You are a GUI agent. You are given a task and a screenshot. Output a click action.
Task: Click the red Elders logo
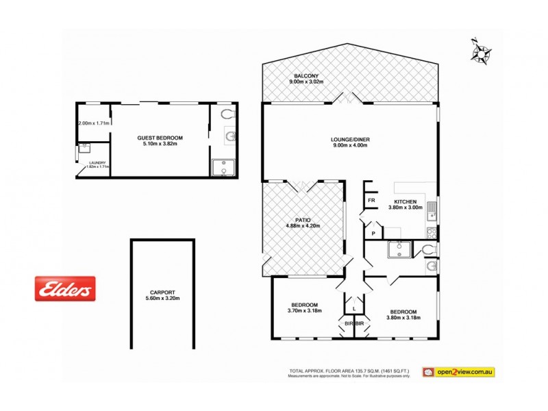pyautogui.click(x=66, y=288)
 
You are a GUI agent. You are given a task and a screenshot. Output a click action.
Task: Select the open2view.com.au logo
pyautogui.click(x=458, y=372)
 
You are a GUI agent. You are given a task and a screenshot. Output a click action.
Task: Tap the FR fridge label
pyautogui.click(x=371, y=201)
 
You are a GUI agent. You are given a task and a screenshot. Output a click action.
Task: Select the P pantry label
pyautogui.click(x=373, y=234)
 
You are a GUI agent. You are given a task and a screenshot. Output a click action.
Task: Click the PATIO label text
pyautogui.click(x=303, y=219)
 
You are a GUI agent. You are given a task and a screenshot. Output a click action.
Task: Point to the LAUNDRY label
pyautogui.click(x=97, y=162)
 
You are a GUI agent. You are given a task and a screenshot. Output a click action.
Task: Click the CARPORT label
pyautogui.click(x=162, y=290)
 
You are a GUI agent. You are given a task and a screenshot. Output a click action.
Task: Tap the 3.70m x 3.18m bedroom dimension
pyautogui.click(x=304, y=310)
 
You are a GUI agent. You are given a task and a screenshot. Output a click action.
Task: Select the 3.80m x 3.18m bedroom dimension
pyautogui.click(x=401, y=318)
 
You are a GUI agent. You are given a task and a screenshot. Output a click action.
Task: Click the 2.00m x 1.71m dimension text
pyautogui.click(x=94, y=123)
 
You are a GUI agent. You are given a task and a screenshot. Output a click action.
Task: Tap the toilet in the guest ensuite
pyautogui.click(x=228, y=114)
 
